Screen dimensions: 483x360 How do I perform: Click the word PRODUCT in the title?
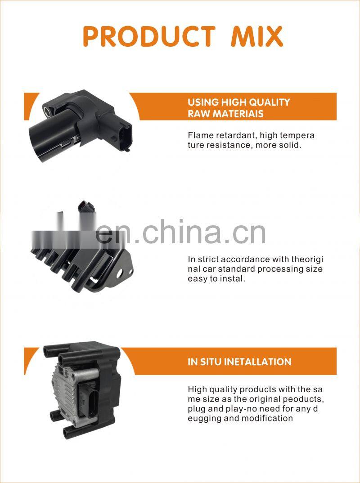point(148,37)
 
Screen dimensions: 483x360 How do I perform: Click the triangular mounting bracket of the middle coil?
point(123,270)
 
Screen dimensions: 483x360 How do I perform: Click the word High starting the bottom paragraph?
point(197,389)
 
